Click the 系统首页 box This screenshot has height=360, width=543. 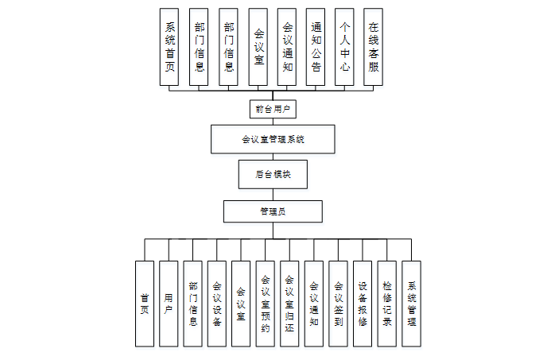tap(169, 47)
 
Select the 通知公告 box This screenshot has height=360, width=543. tap(316, 47)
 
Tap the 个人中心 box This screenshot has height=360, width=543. tap(344, 47)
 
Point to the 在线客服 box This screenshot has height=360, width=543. tap(374, 47)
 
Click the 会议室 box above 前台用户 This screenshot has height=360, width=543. tap(258, 47)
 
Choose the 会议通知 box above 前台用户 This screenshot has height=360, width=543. tap(287, 47)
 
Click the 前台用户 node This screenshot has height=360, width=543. tap(272, 108)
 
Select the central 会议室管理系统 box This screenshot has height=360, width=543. tap(273, 139)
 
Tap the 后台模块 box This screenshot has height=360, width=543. tap(273, 173)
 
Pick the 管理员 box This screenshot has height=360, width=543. tap(273, 211)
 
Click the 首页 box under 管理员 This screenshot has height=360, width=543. tap(144, 304)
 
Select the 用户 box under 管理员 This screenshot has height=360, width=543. tap(169, 304)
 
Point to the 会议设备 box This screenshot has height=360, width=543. tap(217, 304)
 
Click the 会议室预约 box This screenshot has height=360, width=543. tap(266, 304)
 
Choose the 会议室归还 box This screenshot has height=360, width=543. tap(289, 304)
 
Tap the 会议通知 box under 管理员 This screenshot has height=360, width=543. tap(314, 304)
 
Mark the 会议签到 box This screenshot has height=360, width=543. tap(338, 304)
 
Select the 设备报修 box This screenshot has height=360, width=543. tap(363, 304)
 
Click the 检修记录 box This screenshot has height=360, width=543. tap(386, 304)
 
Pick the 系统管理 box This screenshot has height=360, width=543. tap(411, 304)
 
